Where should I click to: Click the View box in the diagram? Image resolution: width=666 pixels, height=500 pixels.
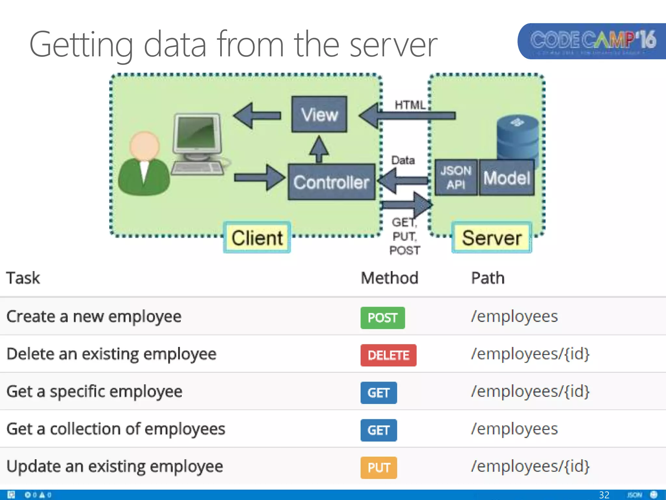[319, 114]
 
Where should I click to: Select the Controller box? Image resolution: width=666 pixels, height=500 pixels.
[331, 182]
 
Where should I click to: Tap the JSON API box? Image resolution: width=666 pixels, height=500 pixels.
[456, 177]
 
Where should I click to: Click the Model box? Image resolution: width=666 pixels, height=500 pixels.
[507, 178]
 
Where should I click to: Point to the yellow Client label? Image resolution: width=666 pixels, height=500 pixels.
[257, 238]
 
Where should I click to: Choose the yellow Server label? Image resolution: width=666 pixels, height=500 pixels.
[492, 238]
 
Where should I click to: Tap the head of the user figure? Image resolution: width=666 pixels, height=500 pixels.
[144, 146]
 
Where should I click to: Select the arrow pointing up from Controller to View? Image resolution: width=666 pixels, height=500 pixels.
[319, 149]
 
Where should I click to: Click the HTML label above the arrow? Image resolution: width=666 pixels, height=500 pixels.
[410, 105]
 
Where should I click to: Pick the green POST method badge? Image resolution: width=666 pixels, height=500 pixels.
[382, 318]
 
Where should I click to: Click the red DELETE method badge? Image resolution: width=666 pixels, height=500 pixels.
[388, 355]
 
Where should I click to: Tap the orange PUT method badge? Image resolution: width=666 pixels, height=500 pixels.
[379, 468]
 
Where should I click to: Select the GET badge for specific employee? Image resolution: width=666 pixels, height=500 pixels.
[379, 393]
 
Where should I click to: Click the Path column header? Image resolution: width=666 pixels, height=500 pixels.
[488, 278]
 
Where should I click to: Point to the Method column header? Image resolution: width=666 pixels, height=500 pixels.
[390, 278]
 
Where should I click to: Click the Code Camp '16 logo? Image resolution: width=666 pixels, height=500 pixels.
[593, 41]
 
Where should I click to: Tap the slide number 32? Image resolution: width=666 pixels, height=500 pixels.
[604, 495]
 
